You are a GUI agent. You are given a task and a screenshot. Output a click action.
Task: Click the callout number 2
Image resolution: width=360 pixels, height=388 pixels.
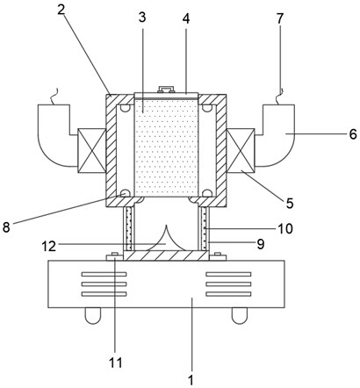click(x=61, y=10)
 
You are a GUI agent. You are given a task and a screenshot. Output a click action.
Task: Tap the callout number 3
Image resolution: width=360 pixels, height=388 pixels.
click(x=142, y=18)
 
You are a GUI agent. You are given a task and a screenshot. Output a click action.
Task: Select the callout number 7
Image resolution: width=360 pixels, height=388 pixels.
click(x=280, y=18)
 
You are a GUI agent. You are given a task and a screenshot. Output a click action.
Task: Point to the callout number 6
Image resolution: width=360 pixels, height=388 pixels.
click(x=353, y=134)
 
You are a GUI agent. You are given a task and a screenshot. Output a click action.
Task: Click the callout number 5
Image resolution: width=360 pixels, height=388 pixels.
click(x=290, y=204)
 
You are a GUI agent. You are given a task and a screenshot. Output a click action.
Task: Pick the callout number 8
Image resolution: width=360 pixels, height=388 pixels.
click(x=6, y=227)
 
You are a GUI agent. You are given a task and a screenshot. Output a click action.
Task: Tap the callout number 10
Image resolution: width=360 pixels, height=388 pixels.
click(x=285, y=229)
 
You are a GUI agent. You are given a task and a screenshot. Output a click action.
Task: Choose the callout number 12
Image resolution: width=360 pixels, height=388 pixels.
click(x=48, y=247)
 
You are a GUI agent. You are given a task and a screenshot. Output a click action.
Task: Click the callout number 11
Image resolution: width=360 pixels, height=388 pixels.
click(x=116, y=363)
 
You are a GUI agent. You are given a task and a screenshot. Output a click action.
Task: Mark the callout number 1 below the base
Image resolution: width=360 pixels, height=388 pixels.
click(x=191, y=381)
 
